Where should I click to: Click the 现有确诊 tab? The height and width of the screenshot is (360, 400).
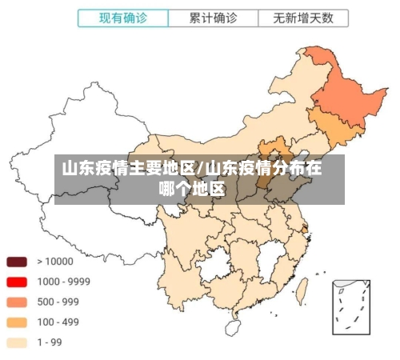tap(124, 18)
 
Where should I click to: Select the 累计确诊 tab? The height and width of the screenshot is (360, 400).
tap(214, 18)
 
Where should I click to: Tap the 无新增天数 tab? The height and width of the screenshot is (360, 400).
tap(303, 18)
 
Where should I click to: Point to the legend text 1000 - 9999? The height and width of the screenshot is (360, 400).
tap(63, 282)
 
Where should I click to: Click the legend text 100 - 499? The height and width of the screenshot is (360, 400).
tap(58, 322)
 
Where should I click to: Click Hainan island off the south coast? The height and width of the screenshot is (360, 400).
tap(233, 327)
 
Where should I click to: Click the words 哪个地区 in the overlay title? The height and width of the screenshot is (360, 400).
tap(192, 190)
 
